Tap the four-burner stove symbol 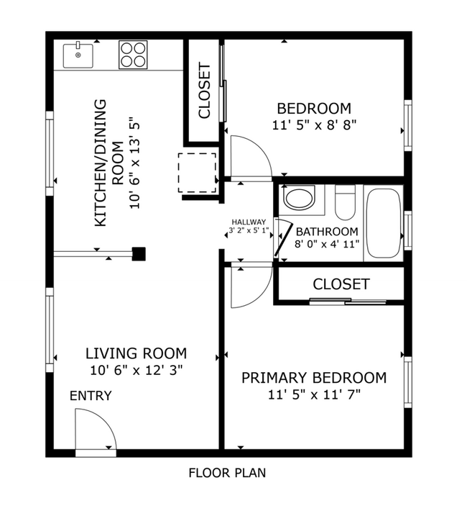click(x=132, y=55)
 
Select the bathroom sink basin click(x=298, y=198)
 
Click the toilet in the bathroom click(x=346, y=202)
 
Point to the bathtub click(x=384, y=222)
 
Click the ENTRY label click(x=91, y=396)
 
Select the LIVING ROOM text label click(x=136, y=353)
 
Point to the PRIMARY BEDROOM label click(x=313, y=378)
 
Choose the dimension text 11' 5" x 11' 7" click(x=313, y=394)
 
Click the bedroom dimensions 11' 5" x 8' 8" click(x=314, y=125)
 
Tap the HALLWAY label click(x=249, y=222)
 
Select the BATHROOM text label click(x=327, y=232)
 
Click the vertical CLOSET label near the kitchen click(x=204, y=91)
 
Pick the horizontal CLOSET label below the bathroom click(x=341, y=284)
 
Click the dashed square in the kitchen click(x=197, y=172)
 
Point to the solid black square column click(x=139, y=253)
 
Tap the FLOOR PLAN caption click(x=227, y=473)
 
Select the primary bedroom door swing click(x=248, y=286)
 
